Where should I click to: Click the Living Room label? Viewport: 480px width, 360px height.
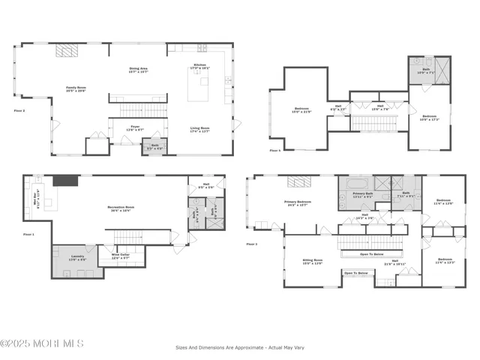point(199,130)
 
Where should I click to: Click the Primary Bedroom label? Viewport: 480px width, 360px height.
point(298,202)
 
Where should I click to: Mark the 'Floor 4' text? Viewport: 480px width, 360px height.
point(274,151)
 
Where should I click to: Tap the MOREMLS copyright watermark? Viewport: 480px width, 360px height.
point(42,343)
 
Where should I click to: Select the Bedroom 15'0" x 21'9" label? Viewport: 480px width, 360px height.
point(301,112)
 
